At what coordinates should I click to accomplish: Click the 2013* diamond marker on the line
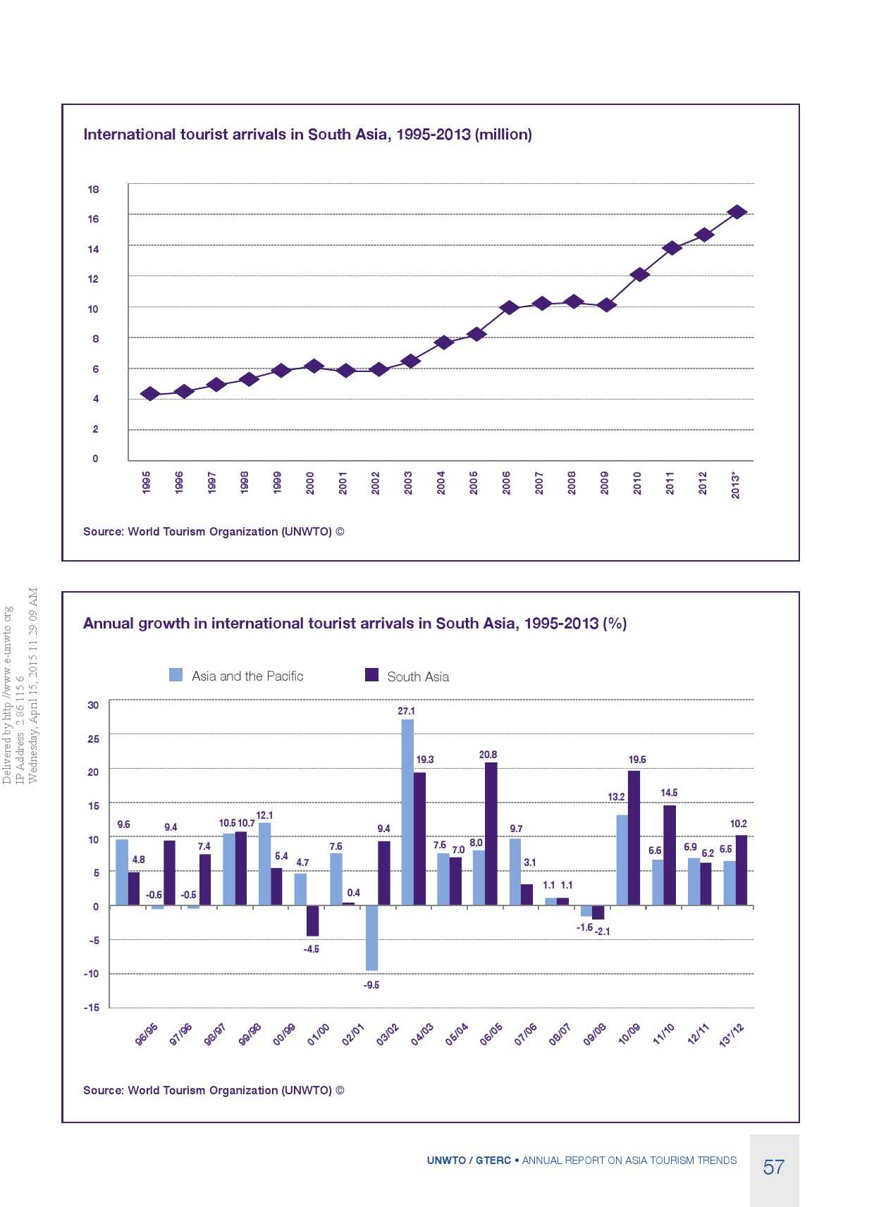click(737, 212)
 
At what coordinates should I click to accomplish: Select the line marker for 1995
click(149, 394)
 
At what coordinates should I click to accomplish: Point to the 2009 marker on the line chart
click(606, 305)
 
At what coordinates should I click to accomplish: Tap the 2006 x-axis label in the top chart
click(506, 483)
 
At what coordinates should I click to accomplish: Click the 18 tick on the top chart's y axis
click(93, 190)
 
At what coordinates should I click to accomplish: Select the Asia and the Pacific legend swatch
click(176, 675)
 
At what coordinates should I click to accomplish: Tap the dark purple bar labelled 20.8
click(491, 834)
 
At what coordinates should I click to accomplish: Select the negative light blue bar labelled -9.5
click(371, 938)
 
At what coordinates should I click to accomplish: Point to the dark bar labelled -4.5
click(312, 921)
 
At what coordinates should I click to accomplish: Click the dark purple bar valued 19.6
click(634, 838)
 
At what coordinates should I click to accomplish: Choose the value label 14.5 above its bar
click(669, 793)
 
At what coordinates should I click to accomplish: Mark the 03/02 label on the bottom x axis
click(387, 1035)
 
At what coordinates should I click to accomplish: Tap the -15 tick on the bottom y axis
click(92, 1008)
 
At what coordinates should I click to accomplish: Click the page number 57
click(773, 1168)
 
